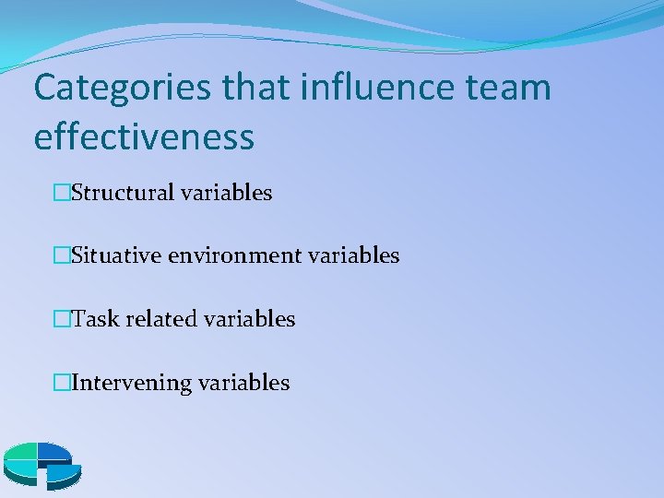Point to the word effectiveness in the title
click(x=143, y=136)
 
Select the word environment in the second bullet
click(x=235, y=255)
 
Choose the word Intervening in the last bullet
click(x=130, y=382)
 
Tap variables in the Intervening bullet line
click(x=243, y=382)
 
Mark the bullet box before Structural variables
click(x=62, y=193)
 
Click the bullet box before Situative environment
click(x=62, y=255)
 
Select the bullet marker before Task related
click(x=62, y=319)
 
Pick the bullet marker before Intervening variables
click(x=62, y=382)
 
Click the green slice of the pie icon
click(x=21, y=452)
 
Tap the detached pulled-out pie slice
click(x=63, y=472)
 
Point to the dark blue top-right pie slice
click(x=53, y=451)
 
